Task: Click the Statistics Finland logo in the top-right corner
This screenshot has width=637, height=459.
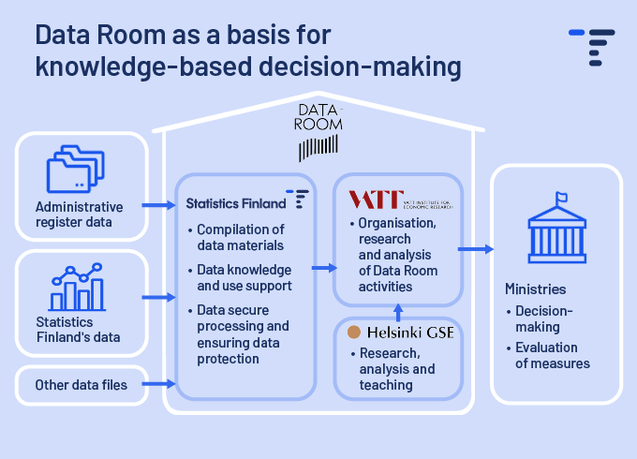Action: pyautogui.click(x=591, y=46)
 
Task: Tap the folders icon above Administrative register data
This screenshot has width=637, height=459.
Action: pyautogui.click(x=77, y=170)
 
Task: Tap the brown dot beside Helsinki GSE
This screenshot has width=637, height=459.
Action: pyautogui.click(x=354, y=332)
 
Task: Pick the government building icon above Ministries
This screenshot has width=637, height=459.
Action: pyautogui.click(x=556, y=229)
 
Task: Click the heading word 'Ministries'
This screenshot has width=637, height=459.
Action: pyautogui.click(x=535, y=289)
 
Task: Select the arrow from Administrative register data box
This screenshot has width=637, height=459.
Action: pyautogui.click(x=159, y=203)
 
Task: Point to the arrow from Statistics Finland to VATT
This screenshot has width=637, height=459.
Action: pyautogui.click(x=321, y=268)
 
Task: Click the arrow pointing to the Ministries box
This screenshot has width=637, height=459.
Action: pyautogui.click(x=476, y=249)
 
